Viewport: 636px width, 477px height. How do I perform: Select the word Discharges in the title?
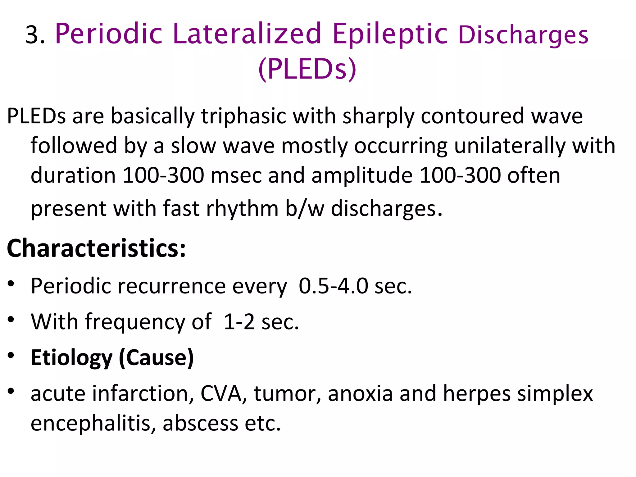point(523,35)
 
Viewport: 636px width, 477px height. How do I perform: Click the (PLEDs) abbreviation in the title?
point(307,69)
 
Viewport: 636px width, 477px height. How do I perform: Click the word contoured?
point(472,116)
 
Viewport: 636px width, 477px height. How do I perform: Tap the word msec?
point(236,176)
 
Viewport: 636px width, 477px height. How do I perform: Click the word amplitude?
point(362,176)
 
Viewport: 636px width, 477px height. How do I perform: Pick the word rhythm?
point(242,208)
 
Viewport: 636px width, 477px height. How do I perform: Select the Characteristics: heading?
point(96,248)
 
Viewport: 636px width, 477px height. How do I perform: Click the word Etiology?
point(71,358)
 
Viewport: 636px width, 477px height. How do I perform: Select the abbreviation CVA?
point(221,393)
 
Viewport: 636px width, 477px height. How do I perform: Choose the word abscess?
point(200,423)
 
